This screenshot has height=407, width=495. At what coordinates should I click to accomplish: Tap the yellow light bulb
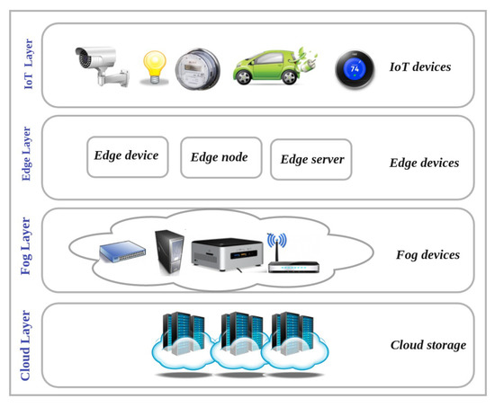click(x=154, y=66)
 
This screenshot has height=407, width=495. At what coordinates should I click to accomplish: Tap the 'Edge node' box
click(x=220, y=158)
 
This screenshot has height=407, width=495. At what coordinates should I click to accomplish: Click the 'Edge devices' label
click(x=424, y=164)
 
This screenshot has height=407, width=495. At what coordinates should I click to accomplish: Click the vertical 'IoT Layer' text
click(x=26, y=66)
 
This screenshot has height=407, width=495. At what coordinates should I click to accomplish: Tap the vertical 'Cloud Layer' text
click(x=26, y=344)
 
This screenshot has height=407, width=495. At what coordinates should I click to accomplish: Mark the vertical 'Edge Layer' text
click(x=26, y=155)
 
